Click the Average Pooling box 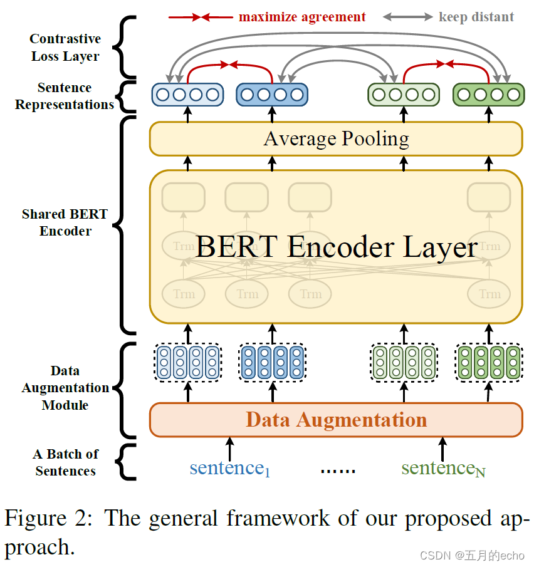336,138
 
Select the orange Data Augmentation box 336,419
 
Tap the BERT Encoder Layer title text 336,247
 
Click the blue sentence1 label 229,468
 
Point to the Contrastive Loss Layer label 65,48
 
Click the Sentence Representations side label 65,96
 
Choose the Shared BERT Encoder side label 65,222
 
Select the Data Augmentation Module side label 65,388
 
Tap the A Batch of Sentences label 65,462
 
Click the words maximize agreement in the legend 302,17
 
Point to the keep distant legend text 476,17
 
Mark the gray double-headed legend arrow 407,17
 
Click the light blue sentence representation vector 187,95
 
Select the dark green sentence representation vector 488,95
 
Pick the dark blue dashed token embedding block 272,362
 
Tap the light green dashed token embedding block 404,362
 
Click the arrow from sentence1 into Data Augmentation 230,449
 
